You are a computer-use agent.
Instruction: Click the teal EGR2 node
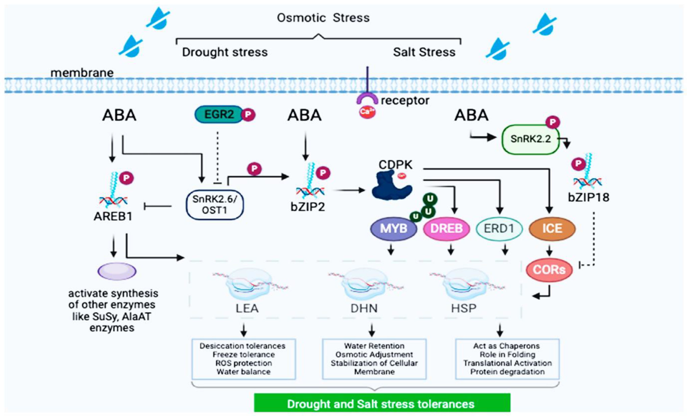[x=219, y=114]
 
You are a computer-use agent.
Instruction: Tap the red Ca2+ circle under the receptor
[x=367, y=112]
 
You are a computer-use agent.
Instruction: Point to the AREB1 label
[x=113, y=216]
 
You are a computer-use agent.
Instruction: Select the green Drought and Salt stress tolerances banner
[x=382, y=403]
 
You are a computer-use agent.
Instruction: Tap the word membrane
[x=82, y=73]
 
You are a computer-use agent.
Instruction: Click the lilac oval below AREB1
[x=117, y=271]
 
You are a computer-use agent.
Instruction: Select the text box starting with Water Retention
[x=374, y=359]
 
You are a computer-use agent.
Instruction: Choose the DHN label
[x=364, y=308]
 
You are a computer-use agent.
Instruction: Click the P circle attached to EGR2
[x=248, y=115]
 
